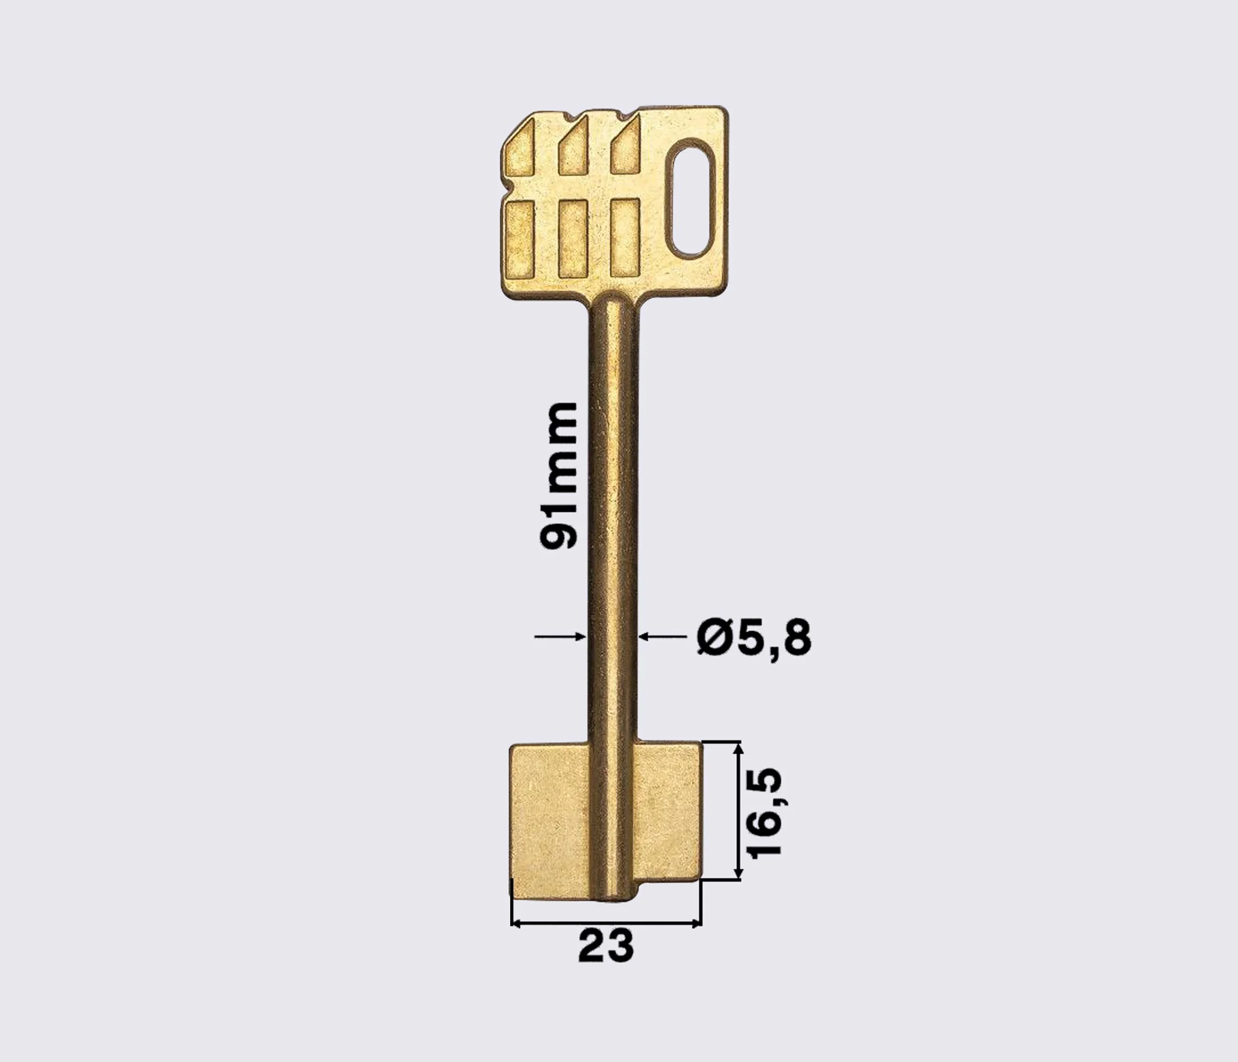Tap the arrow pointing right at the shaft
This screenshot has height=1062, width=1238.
click(559, 637)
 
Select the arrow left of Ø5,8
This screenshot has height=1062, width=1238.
click(663, 637)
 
